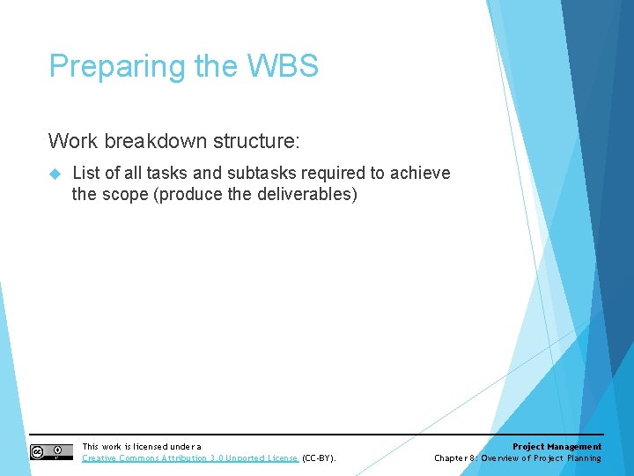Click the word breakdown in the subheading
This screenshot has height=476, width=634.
tap(141, 140)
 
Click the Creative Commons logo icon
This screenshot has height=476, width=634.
tap(51, 452)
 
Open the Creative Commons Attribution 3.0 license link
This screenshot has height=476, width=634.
tap(189, 458)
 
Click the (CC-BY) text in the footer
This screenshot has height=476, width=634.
tap(319, 458)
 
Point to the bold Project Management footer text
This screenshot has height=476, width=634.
tap(557, 447)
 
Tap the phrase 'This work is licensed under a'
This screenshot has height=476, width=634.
tap(141, 447)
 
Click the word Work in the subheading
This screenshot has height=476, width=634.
tap(70, 140)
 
